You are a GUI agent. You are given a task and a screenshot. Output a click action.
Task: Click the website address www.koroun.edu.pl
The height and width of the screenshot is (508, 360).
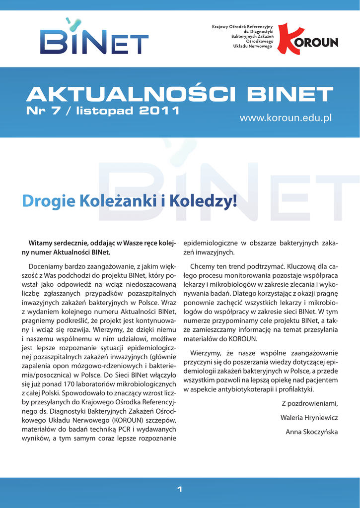coord(285,118)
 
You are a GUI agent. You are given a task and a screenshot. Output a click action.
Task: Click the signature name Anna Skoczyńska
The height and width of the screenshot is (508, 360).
coord(311,432)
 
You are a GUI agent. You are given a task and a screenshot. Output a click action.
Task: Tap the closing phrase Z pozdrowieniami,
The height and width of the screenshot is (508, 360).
coord(309,402)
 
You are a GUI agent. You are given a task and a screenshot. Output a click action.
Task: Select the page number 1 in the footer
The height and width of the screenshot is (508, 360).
coord(180,490)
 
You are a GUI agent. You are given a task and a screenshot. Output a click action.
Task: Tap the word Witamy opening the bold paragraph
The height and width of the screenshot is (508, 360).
coord(41,243)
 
